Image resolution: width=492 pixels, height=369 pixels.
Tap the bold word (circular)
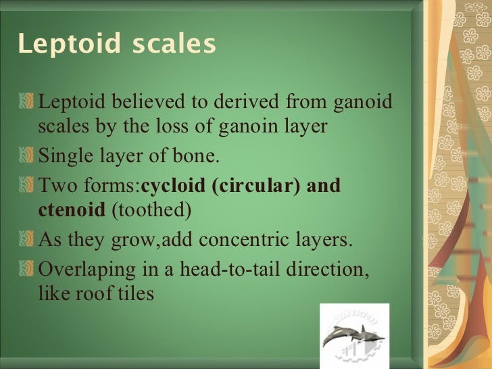point(254,186)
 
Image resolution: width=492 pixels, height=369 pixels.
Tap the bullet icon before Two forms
point(27,186)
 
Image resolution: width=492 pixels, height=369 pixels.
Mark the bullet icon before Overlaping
point(27,270)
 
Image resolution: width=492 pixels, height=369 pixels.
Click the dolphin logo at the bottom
point(354,335)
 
